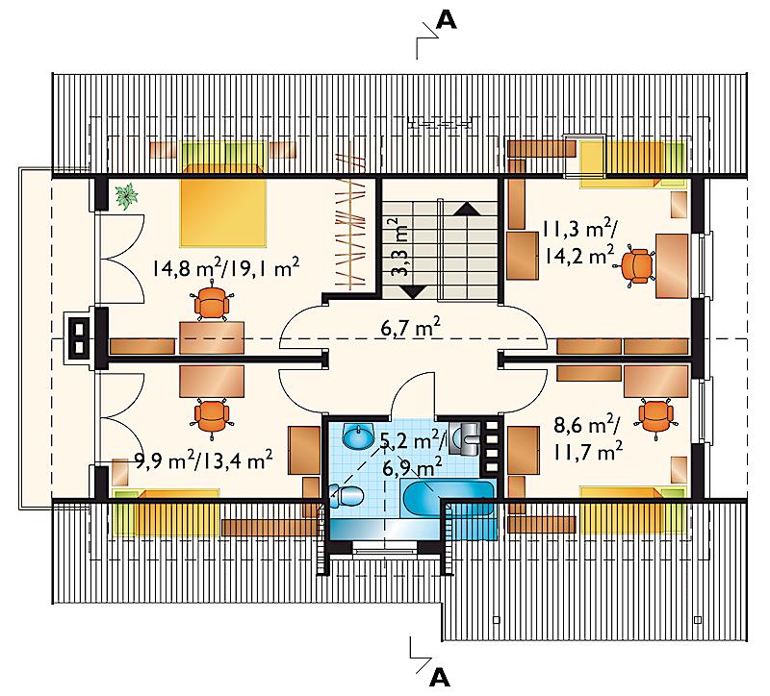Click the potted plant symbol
(127, 196)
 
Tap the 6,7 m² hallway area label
(410, 328)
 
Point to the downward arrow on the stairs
(414, 292)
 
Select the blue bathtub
(448, 498)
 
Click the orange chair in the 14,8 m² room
(212, 303)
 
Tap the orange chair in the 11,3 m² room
(636, 266)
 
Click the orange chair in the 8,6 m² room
(655, 415)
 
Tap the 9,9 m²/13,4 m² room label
(203, 460)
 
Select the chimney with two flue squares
(79, 337)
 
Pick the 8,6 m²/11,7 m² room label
(588, 438)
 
